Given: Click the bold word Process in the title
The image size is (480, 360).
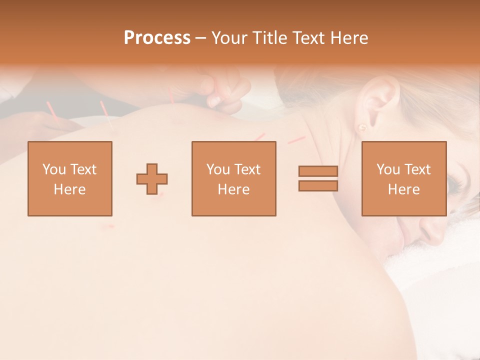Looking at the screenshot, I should (157, 38).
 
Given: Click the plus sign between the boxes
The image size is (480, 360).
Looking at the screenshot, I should (152, 179).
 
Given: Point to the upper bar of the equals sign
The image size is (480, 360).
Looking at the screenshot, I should (318, 171).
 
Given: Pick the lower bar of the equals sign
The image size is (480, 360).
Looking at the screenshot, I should (318, 186).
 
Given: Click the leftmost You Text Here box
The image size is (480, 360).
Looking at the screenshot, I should (70, 179).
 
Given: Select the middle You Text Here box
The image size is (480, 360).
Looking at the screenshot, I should (234, 179).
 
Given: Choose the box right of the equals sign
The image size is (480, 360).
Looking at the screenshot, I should (404, 179).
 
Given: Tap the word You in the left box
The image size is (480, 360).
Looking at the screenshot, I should (53, 169).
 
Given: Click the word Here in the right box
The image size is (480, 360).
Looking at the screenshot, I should (403, 189).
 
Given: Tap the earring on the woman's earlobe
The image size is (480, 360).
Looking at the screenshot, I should (361, 127).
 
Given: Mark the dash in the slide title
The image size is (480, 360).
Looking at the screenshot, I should (200, 38).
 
